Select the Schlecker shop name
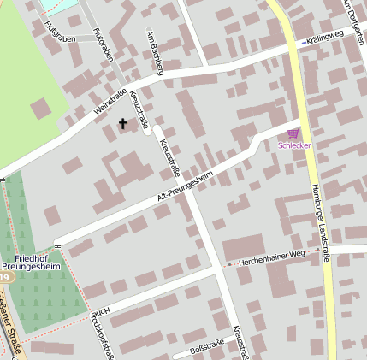click(x=294, y=145)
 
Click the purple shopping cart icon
click(x=293, y=133)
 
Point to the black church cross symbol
click(x=122, y=124)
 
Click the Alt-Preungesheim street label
click(x=184, y=183)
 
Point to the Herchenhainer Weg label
click(x=272, y=257)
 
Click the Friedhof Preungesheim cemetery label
click(x=36, y=261)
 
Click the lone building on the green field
click(x=40, y=109)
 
